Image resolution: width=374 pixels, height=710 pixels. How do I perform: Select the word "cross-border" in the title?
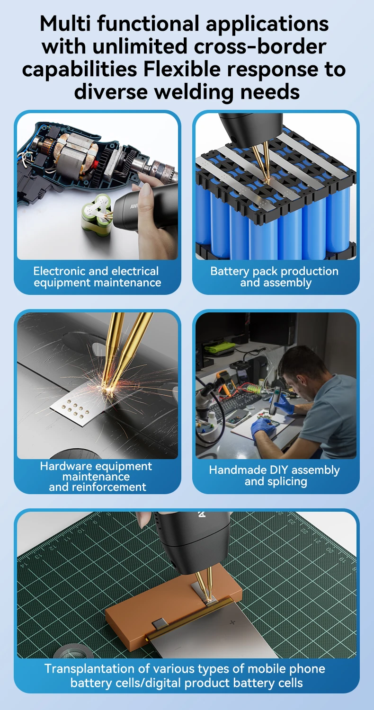tap(260, 46)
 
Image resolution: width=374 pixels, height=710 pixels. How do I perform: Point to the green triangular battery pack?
tap(95, 213)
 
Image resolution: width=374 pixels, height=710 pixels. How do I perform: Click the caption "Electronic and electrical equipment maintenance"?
tap(98, 277)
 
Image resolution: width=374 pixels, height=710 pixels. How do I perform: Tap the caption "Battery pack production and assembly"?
tap(275, 277)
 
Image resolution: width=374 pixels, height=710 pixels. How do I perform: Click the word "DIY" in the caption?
tap(278, 470)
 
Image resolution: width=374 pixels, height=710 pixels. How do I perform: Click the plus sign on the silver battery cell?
tap(232, 622)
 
